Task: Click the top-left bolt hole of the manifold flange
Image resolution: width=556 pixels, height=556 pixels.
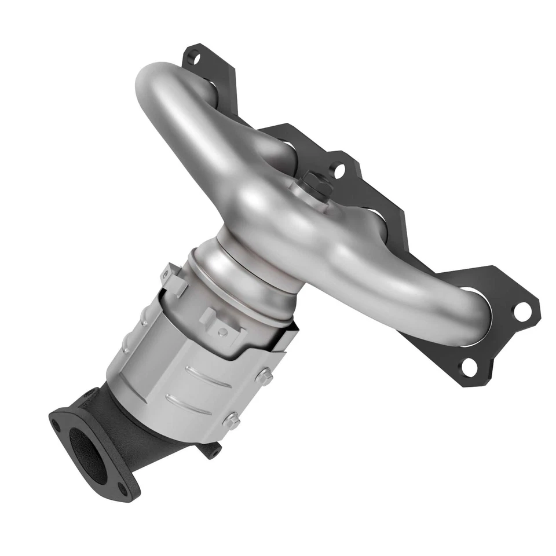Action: pos(195,58)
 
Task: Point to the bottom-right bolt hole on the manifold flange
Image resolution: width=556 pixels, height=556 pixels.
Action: pos(470,366)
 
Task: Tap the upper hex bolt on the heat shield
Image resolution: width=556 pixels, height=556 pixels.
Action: pos(265,377)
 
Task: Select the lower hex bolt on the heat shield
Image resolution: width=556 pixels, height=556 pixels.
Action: pos(232,421)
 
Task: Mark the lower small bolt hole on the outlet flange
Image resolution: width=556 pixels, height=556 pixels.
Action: pos(122,490)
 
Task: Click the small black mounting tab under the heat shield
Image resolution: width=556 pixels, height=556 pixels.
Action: pos(212,449)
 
